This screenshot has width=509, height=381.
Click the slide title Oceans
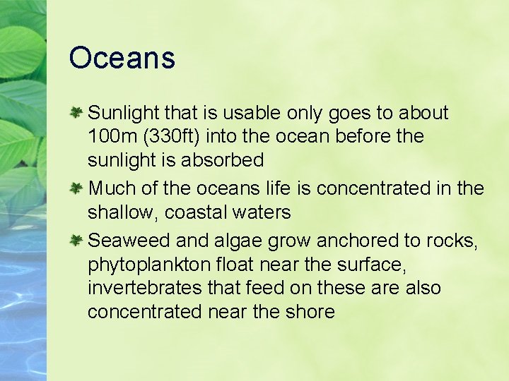122,58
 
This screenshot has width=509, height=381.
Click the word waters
262,212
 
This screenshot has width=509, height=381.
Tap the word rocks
452,241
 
